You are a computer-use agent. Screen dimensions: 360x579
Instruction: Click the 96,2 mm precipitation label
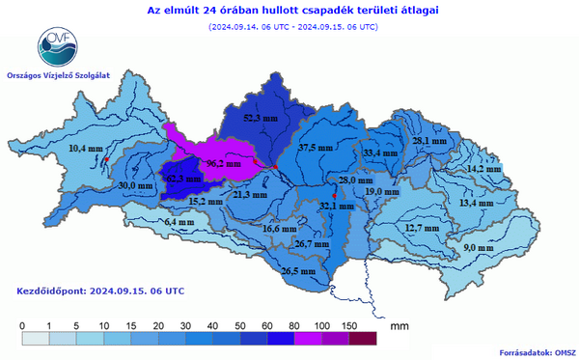[x=223, y=164]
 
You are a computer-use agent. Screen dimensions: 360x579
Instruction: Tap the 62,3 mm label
[x=182, y=179]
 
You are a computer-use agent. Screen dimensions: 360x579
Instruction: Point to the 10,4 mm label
[x=85, y=148]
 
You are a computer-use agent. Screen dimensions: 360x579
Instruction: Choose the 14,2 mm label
[x=483, y=169]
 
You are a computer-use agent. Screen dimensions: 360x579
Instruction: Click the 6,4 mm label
[x=179, y=222]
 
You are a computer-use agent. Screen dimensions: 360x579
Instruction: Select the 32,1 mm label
[x=335, y=206]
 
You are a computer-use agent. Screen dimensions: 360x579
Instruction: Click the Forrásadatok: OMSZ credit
[x=535, y=352]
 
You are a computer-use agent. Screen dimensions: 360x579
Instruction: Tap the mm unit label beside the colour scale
[x=399, y=327]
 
